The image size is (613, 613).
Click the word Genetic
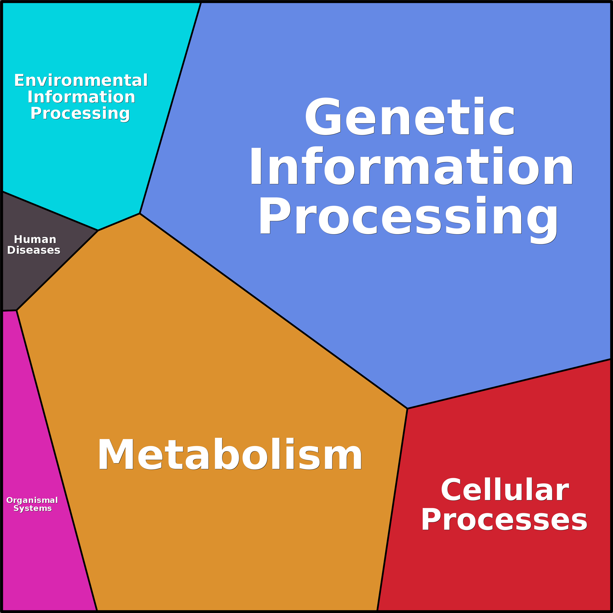(409, 117)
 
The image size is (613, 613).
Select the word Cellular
(504, 490)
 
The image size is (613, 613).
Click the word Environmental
(81, 80)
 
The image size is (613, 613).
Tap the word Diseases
(34, 250)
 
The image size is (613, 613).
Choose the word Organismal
(32, 500)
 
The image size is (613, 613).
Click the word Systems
(32, 508)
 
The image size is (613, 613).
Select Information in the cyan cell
(81, 97)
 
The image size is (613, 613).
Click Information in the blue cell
(411, 166)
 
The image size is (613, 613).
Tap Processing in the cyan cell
(80, 113)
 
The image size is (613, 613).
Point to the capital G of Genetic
(323, 116)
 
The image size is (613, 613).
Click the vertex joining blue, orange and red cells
(407, 409)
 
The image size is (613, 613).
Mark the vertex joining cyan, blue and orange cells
(140, 214)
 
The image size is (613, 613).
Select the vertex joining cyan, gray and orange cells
(98, 230)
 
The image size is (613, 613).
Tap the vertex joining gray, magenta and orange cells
(17, 310)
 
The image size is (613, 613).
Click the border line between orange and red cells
(392, 508)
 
